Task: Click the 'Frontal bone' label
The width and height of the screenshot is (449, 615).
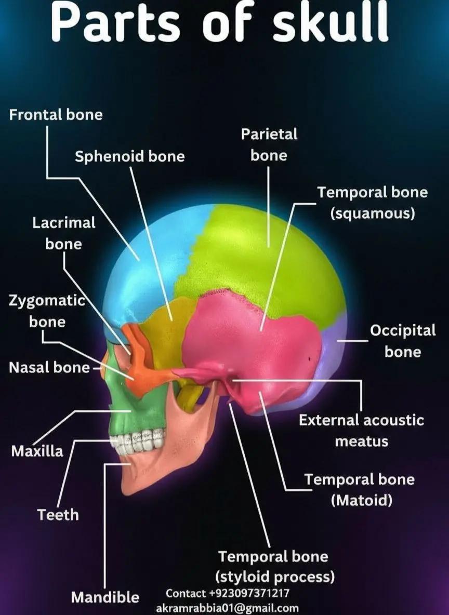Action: pyautogui.click(x=56, y=115)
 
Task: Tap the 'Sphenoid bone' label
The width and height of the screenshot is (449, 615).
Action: pyautogui.click(x=130, y=156)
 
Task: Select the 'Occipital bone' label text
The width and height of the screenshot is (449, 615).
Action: pyautogui.click(x=403, y=341)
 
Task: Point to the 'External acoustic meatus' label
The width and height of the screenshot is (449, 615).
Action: pyautogui.click(x=362, y=431)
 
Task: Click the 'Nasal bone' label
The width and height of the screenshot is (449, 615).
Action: pyautogui.click(x=49, y=368)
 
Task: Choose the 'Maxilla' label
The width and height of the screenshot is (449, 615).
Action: pyautogui.click(x=37, y=451)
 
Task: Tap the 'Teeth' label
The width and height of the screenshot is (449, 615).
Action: pyautogui.click(x=58, y=515)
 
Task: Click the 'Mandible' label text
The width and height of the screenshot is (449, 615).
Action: pyautogui.click(x=105, y=597)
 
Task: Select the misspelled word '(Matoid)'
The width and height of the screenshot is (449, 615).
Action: pyautogui.click(x=362, y=500)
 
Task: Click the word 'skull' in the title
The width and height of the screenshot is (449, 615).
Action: pyautogui.click(x=331, y=23)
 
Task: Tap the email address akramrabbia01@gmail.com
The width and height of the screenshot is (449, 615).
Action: pyautogui.click(x=227, y=608)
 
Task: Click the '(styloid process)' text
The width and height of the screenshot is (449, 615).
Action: pyautogui.click(x=275, y=577)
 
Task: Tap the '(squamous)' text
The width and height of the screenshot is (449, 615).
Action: pyautogui.click(x=373, y=214)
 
